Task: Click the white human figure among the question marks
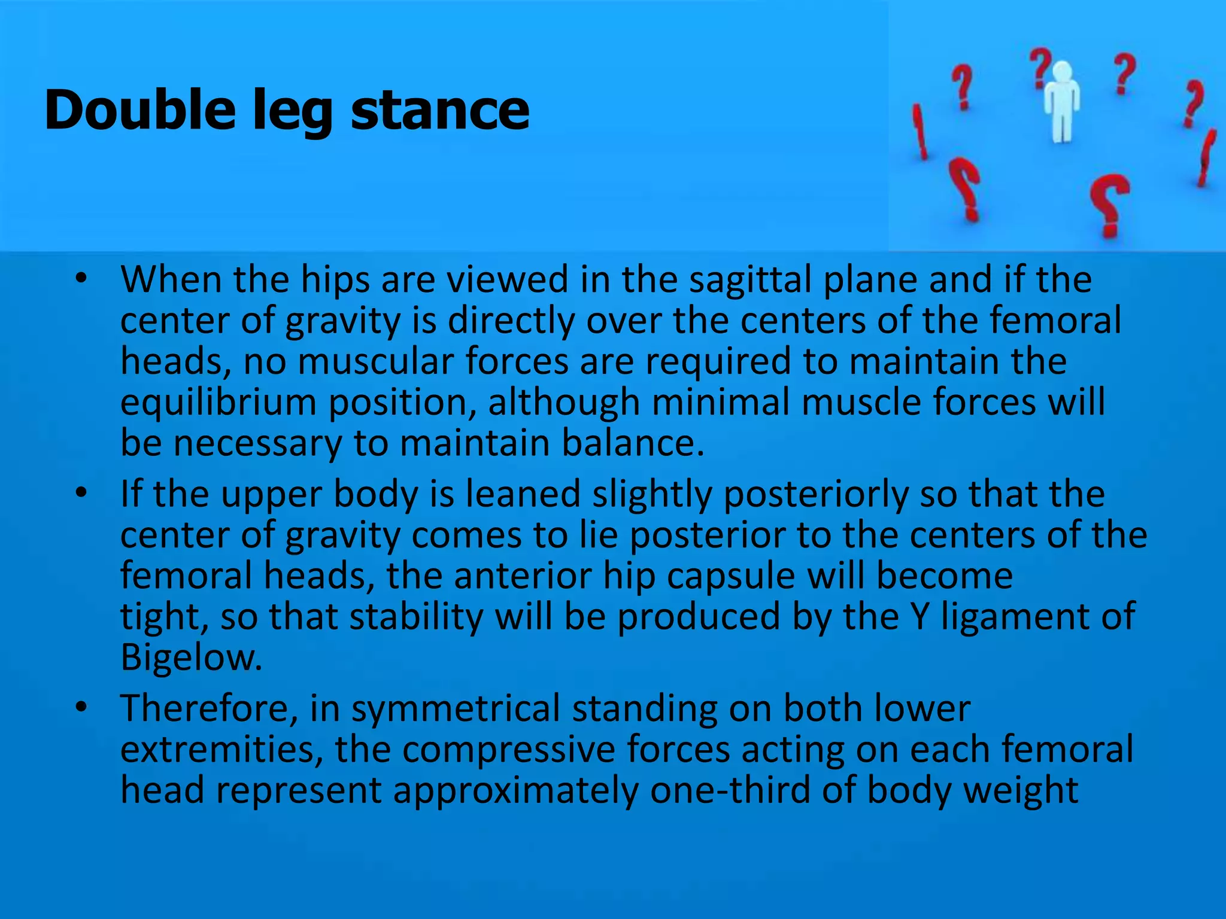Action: (1061, 102)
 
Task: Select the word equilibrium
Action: (218, 403)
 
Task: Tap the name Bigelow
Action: (192, 658)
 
